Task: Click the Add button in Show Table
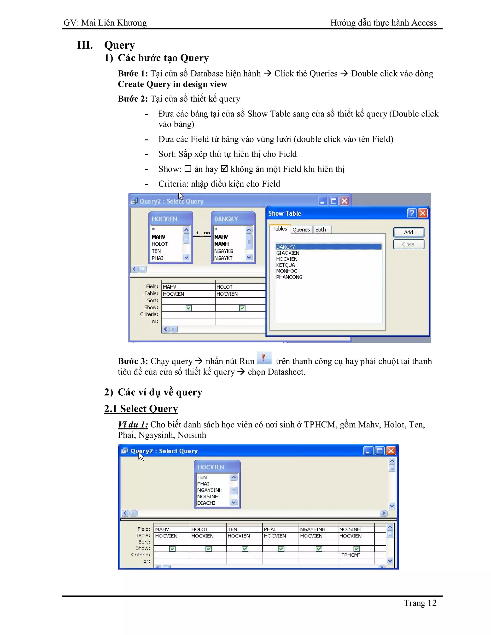tap(408, 232)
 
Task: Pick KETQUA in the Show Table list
tap(285, 265)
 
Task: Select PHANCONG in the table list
tap(289, 277)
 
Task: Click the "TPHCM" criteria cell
tap(356, 555)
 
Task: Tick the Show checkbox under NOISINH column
tap(357, 549)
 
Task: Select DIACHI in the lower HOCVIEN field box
tap(206, 503)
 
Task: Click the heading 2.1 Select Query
tap(141, 409)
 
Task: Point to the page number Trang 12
tap(420, 603)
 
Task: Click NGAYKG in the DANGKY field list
tap(223, 251)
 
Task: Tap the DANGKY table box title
tap(226, 219)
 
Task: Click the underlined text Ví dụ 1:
tap(133, 425)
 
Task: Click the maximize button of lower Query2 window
tap(379, 451)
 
